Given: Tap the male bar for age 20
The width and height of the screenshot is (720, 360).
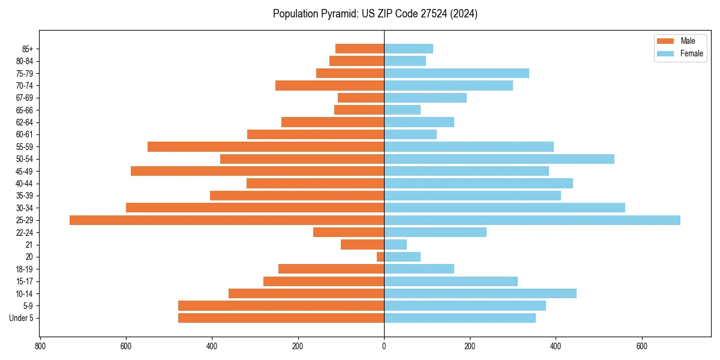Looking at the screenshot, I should pyautogui.click(x=380, y=257).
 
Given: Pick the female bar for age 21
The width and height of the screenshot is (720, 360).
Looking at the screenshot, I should pyautogui.click(x=395, y=245).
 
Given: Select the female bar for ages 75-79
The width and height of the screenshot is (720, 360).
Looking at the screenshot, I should pyautogui.click(x=457, y=73).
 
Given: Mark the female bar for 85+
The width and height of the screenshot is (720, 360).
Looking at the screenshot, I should pyautogui.click(x=409, y=49).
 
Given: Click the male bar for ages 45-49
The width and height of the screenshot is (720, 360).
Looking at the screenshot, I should pyautogui.click(x=257, y=171).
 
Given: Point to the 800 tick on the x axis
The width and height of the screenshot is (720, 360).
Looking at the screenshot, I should pyautogui.click(x=40, y=346).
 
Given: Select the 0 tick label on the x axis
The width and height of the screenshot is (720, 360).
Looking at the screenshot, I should pyautogui.click(x=384, y=346).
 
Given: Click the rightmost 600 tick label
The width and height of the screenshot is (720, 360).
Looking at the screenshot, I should pyautogui.click(x=642, y=346).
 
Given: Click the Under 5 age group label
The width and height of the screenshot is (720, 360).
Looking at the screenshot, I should pyautogui.click(x=21, y=318).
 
